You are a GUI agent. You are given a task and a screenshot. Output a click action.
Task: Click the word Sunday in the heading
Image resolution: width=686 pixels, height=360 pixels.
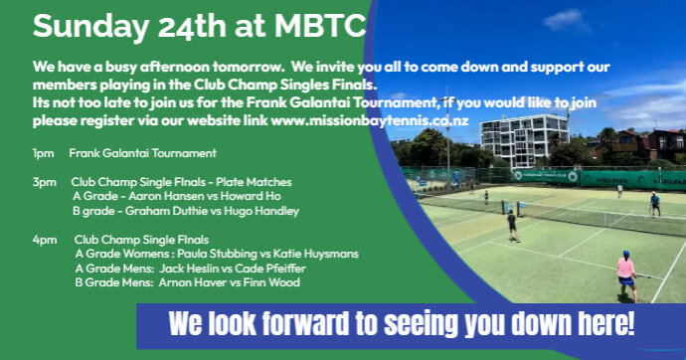click(91, 27)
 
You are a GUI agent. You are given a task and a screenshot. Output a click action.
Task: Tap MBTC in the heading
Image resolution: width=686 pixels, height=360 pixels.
click(321, 26)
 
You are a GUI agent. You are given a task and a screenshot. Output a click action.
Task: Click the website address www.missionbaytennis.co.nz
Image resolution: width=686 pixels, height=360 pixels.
click(370, 120)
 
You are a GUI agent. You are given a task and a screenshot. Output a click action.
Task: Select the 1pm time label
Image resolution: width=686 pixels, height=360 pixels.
click(43, 153)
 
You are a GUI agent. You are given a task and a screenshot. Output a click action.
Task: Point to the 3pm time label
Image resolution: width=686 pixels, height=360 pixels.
click(44, 182)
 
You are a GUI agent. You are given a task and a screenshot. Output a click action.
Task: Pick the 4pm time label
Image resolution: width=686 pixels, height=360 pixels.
click(45, 240)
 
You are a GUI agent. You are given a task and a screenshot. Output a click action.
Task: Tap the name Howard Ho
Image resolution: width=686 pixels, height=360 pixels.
click(251, 196)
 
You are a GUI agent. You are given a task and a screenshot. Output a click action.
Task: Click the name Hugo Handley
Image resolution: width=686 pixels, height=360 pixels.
click(261, 211)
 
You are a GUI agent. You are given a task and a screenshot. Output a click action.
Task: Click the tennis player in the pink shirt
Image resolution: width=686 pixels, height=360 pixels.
click(626, 275)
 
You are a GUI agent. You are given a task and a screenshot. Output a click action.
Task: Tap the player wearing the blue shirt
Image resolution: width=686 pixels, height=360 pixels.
click(655, 204)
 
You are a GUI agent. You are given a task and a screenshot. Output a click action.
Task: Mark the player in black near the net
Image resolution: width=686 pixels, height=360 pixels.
click(511, 225)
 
